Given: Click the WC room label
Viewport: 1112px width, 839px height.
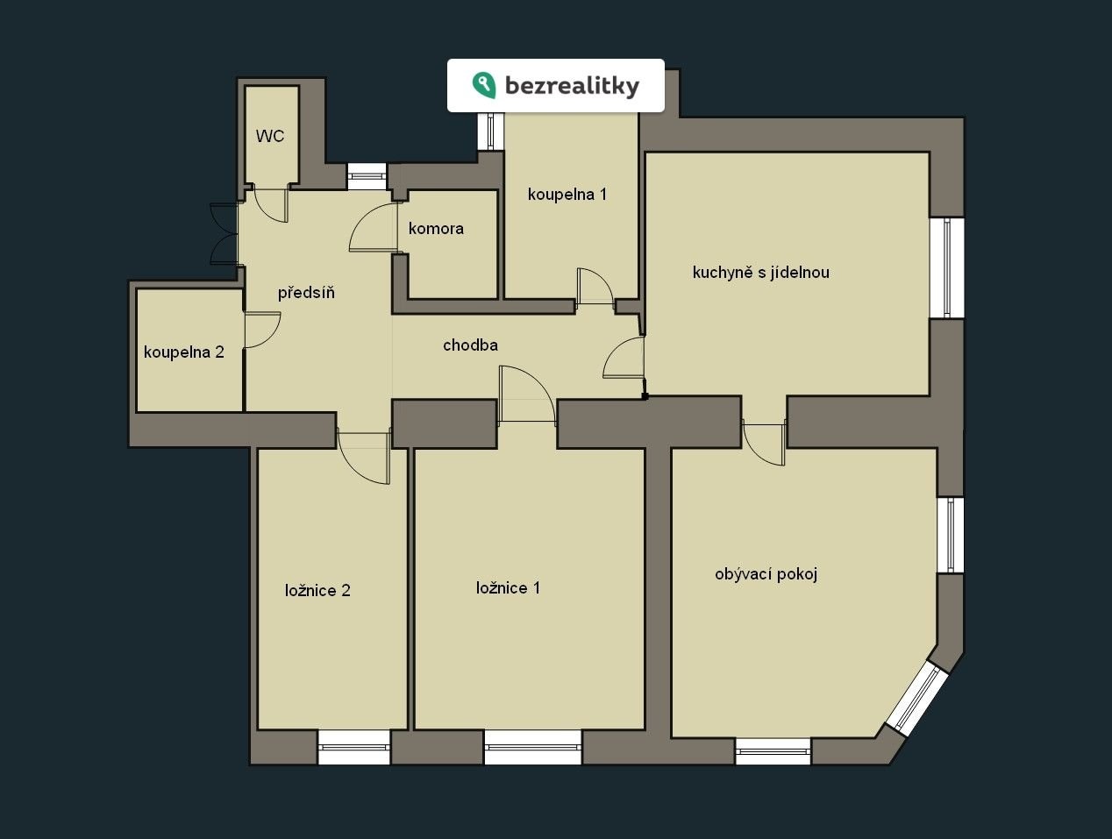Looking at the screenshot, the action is pos(270,136).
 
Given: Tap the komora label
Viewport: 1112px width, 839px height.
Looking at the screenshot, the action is pos(436,229).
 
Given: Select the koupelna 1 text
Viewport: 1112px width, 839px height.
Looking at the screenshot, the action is pos(567,195).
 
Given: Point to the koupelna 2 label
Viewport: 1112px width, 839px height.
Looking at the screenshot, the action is pos(184,352).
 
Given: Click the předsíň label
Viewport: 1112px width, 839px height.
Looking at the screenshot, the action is pos(306,293).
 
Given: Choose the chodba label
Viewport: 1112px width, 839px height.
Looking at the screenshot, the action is pos(470,345).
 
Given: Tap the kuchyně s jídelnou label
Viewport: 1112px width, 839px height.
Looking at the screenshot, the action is pos(761,273).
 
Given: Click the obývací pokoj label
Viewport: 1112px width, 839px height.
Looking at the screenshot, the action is pos(766,574).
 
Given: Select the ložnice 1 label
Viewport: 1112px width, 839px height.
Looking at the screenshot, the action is pos(508,588).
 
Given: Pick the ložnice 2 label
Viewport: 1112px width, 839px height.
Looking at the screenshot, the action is pos(317,590).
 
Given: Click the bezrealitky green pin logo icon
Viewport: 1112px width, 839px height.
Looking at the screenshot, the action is pos(484,85).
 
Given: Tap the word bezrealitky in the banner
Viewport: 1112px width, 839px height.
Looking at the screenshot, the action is pos(573,86).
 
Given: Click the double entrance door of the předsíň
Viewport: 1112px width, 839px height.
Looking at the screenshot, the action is pos(224,233).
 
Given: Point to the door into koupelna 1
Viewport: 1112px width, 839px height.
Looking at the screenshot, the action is pos(595,287).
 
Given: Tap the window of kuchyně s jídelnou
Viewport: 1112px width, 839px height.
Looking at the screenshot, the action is pos(947,268).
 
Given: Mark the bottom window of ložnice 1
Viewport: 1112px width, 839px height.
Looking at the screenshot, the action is pos(532,747).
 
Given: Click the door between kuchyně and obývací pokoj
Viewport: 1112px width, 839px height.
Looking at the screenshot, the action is pos(764,443).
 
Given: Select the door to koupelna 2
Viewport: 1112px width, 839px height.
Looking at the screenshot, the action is pos(262,331).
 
